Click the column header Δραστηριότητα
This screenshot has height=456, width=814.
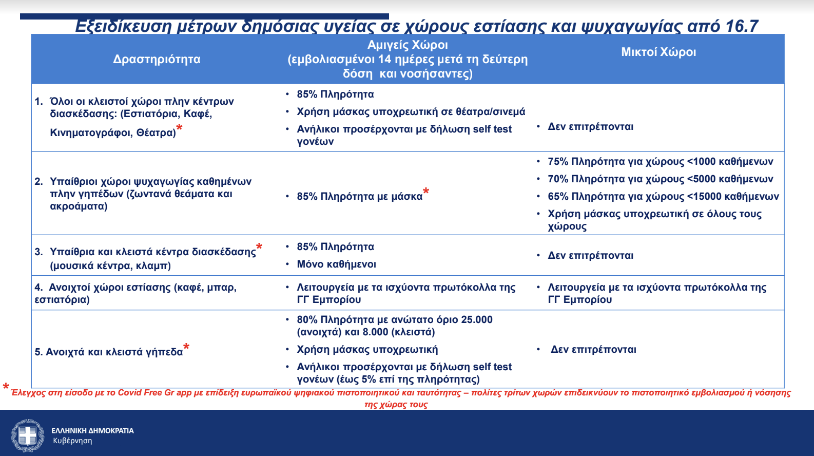tap(157, 59)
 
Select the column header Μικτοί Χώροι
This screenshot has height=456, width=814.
tap(658, 52)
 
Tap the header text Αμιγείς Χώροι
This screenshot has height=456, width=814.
tap(408, 45)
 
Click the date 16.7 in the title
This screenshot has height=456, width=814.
tap(741, 26)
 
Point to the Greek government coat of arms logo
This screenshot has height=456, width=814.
tap(28, 435)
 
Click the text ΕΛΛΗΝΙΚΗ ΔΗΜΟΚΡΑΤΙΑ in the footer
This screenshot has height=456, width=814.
tap(92, 430)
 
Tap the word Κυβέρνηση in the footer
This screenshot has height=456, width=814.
tap(72, 441)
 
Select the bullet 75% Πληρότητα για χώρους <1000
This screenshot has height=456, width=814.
tap(660, 161)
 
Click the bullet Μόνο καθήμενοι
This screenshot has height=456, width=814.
tap(336, 264)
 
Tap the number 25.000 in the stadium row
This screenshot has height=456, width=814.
tap(476, 319)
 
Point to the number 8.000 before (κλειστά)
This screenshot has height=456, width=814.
tap(375, 332)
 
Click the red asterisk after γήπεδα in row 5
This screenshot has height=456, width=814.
tap(186, 347)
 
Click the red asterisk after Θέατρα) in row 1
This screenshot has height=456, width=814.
tap(179, 128)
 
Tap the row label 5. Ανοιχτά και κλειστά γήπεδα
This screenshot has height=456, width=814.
tap(109, 352)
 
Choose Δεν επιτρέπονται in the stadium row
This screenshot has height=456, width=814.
tap(593, 349)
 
